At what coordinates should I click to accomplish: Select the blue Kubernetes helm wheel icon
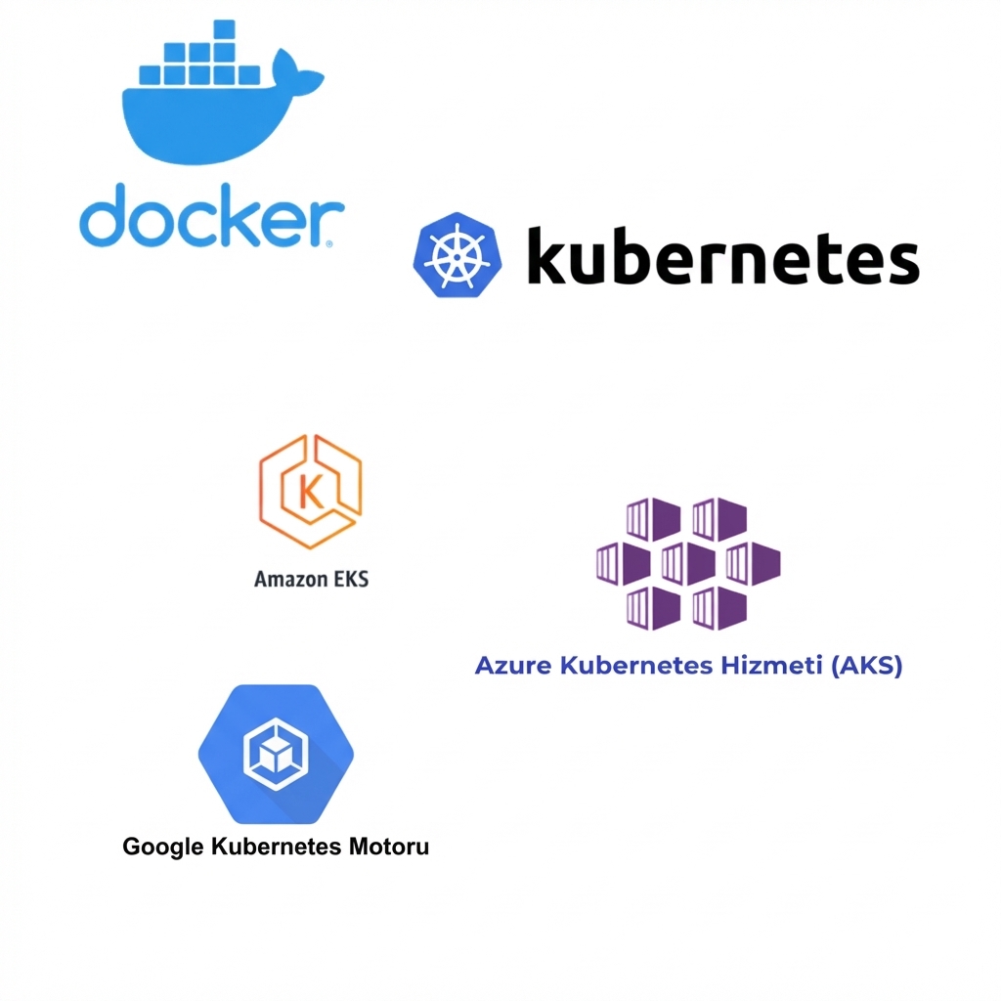click(457, 255)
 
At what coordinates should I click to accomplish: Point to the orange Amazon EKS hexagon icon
click(310, 492)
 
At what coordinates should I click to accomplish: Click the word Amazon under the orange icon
click(289, 579)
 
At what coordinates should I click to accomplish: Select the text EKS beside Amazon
click(349, 579)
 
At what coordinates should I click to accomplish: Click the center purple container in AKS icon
click(688, 564)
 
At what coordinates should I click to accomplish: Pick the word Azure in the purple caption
click(513, 667)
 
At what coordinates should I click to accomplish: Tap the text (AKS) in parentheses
click(865, 667)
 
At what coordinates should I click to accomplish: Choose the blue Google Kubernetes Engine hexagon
click(276, 753)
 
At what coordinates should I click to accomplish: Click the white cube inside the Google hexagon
click(275, 754)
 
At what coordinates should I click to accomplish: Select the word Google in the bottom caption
click(163, 847)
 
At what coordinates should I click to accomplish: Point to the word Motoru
click(388, 847)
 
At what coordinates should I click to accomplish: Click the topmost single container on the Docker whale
click(226, 30)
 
